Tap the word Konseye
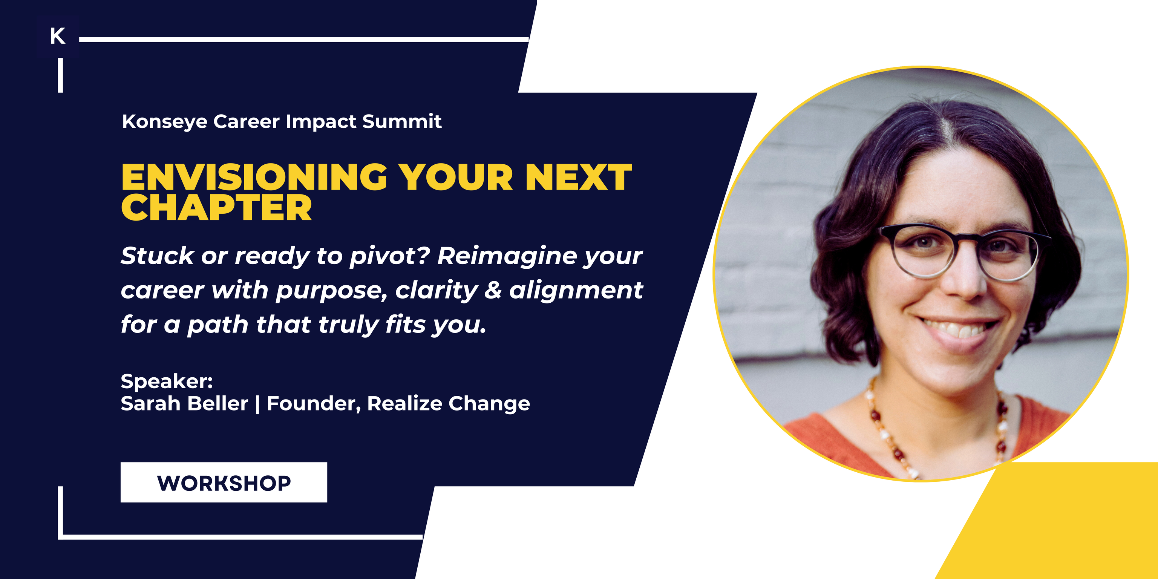click(x=164, y=122)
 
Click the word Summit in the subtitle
click(x=402, y=121)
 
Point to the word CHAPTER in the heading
click(x=216, y=208)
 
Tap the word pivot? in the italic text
click(x=390, y=256)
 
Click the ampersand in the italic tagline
click(x=493, y=290)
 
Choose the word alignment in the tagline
click(x=576, y=290)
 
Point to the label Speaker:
click(x=167, y=381)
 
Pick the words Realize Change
click(x=449, y=404)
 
